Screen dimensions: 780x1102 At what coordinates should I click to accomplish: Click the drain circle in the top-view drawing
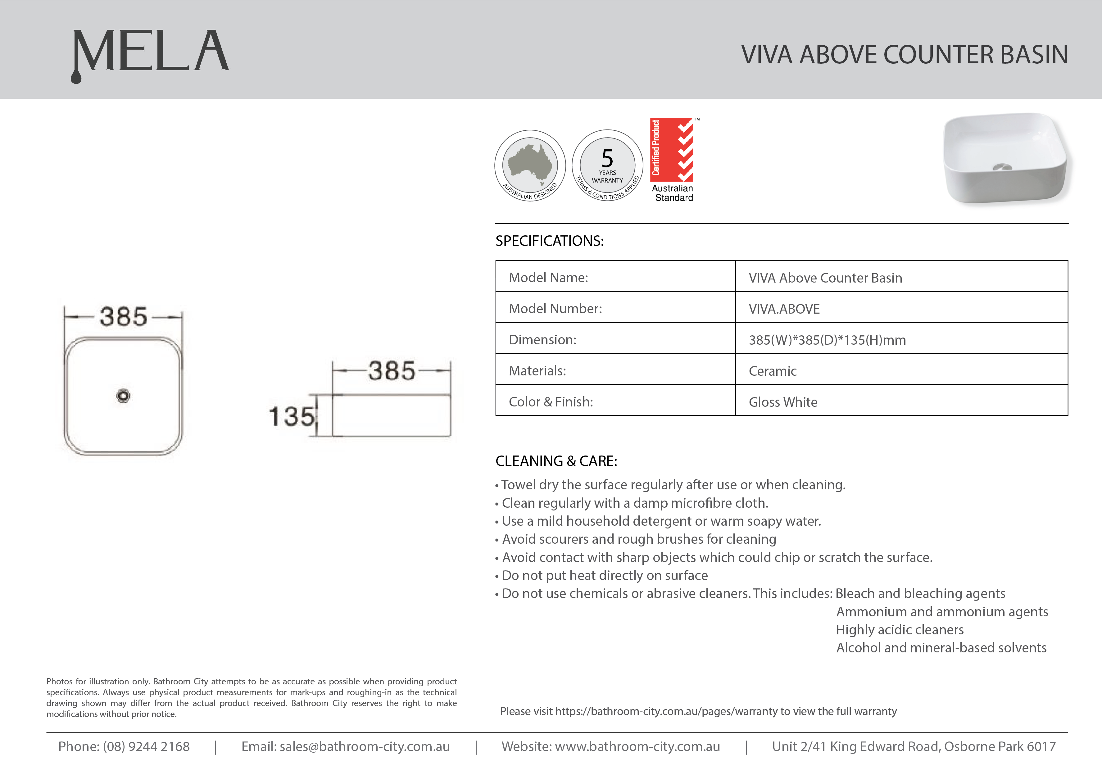pyautogui.click(x=123, y=396)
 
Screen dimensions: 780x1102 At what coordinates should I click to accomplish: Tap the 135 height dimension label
pyautogui.click(x=292, y=416)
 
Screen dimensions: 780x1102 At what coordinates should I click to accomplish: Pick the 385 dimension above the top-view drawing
pyautogui.click(x=123, y=317)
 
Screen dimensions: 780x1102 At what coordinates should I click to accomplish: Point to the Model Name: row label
pyautogui.click(x=548, y=278)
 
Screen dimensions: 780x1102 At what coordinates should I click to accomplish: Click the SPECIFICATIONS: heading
pyautogui.click(x=549, y=241)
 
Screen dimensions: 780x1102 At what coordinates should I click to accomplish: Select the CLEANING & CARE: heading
pyautogui.click(x=556, y=461)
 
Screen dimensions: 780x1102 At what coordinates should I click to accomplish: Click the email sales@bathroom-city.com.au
pyautogui.click(x=365, y=746)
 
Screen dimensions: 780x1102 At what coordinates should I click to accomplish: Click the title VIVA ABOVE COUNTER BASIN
pyautogui.click(x=904, y=54)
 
